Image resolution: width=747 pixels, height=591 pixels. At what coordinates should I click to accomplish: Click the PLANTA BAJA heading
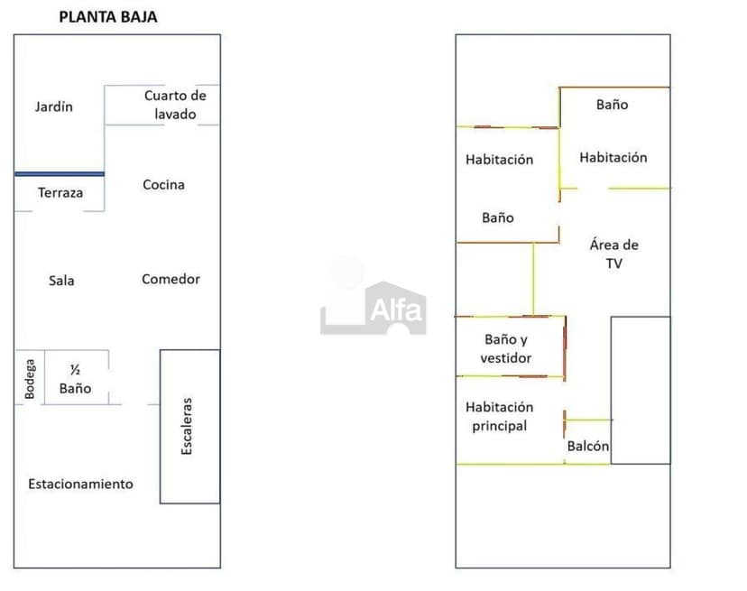[x=108, y=16]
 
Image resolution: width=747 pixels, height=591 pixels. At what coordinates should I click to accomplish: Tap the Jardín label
[x=54, y=106]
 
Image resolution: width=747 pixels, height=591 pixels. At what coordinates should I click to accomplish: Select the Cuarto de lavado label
[x=175, y=105]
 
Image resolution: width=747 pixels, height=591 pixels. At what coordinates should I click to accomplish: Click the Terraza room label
[x=60, y=192]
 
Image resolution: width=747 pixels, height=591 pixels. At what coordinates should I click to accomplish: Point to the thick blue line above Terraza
[x=60, y=174]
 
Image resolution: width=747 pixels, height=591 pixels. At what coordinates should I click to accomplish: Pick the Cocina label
[x=164, y=184]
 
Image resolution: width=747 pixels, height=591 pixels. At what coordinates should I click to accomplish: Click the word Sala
[x=61, y=281]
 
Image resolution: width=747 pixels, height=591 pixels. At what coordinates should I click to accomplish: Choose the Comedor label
[x=171, y=279]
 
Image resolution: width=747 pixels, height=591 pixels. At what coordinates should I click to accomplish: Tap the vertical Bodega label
[x=30, y=379]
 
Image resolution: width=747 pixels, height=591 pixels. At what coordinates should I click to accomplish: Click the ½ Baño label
[x=75, y=379]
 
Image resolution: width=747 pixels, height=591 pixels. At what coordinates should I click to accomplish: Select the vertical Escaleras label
[x=187, y=426]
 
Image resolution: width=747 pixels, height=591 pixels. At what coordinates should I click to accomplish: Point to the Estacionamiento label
[x=80, y=485]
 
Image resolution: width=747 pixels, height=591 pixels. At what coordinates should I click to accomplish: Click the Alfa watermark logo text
[x=396, y=310]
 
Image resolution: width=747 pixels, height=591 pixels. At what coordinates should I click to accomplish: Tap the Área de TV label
[x=614, y=254]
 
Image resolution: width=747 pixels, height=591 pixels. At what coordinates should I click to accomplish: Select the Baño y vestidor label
[x=506, y=348]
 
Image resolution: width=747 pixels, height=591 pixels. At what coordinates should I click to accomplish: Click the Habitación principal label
[x=499, y=417]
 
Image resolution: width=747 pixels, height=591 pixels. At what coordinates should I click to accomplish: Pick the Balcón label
[x=588, y=446]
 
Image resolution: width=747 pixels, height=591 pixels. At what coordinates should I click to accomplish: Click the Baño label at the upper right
[x=613, y=105]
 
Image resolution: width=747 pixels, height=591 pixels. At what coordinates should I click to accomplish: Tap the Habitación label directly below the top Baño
[x=613, y=157]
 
